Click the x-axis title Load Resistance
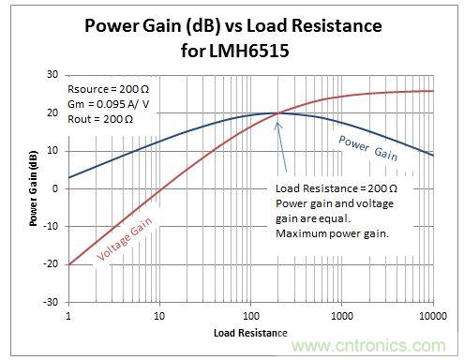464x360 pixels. tap(249, 333)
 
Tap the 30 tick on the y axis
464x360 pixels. tap(52, 74)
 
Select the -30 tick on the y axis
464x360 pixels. tap(51, 302)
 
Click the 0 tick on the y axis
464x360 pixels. tap(55, 187)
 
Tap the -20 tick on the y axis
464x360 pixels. tap(51, 264)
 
